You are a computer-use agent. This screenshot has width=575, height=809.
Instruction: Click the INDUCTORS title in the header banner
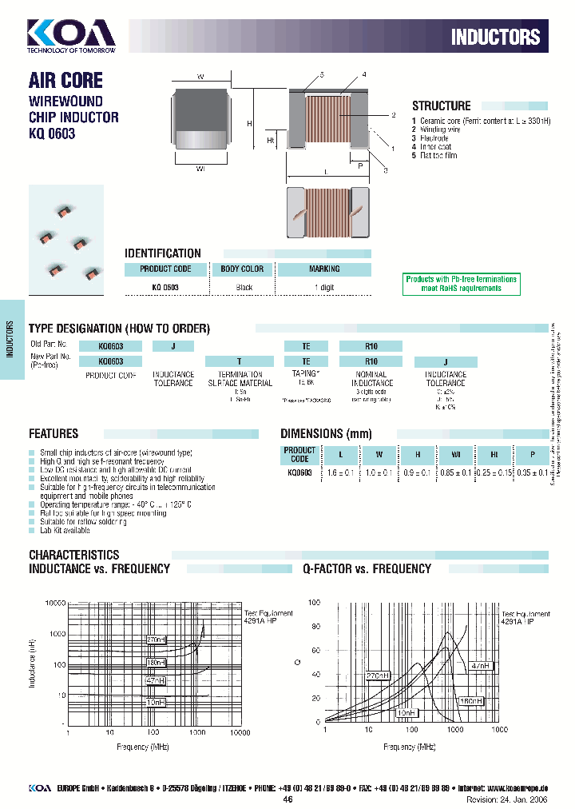click(x=495, y=37)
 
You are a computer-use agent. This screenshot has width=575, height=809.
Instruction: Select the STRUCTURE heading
click(x=441, y=106)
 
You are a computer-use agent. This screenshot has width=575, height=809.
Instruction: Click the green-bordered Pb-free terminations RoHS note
click(x=462, y=283)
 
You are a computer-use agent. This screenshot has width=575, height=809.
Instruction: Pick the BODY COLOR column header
click(x=242, y=269)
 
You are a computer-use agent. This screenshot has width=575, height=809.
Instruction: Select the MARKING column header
click(x=324, y=269)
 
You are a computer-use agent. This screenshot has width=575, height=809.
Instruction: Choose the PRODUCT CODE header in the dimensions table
click(x=299, y=455)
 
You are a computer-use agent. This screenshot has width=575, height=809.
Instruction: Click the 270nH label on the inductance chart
click(x=156, y=640)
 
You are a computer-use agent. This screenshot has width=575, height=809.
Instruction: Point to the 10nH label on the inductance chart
click(x=156, y=702)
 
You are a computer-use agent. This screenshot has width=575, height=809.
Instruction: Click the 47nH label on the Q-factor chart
click(x=479, y=665)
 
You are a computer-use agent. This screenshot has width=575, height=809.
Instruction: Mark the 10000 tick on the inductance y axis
click(x=54, y=604)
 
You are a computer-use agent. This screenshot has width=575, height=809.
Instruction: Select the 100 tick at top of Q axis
click(x=314, y=602)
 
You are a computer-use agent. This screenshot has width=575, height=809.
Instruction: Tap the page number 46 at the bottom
click(x=287, y=799)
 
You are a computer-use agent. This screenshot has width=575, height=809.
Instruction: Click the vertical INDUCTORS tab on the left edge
click(x=10, y=340)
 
